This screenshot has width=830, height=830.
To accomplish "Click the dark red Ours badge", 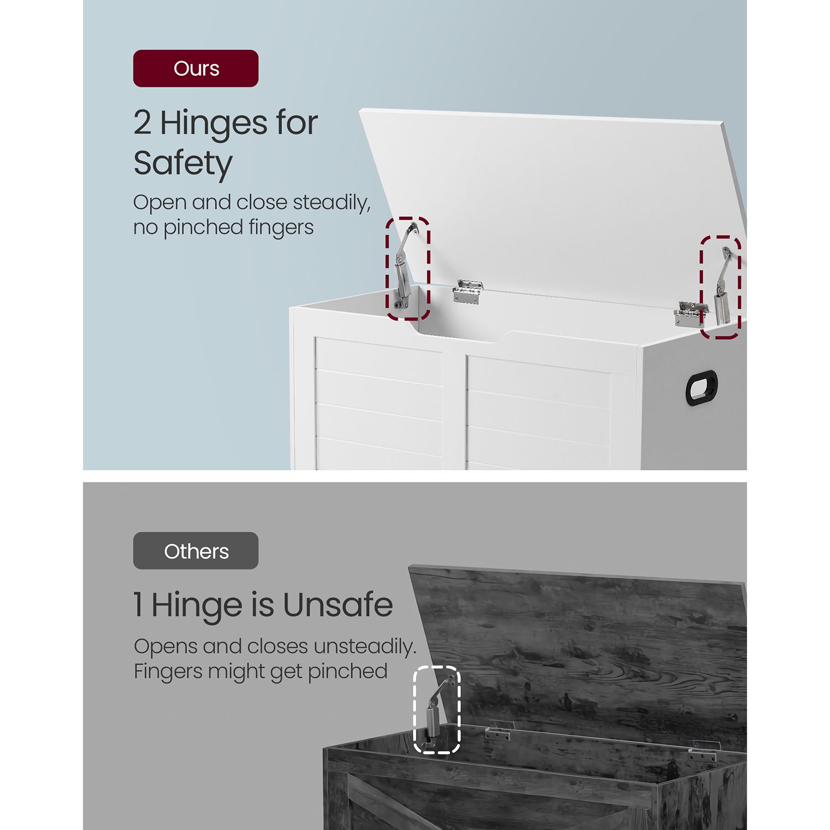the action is (196, 69).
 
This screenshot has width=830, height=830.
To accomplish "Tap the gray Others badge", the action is (196, 551).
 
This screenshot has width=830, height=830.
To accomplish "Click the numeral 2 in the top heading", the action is (142, 123).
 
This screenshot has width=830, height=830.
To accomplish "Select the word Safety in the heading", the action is (183, 164).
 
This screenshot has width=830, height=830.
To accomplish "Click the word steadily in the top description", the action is (331, 203).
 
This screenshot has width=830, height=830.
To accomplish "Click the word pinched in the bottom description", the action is (347, 672).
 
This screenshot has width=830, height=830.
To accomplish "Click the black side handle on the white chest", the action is (702, 387).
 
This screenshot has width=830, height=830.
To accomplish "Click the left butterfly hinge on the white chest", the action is (468, 292).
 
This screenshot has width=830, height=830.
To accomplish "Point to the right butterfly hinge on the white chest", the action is (690, 314).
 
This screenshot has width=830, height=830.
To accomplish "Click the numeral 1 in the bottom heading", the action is (138, 605).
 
